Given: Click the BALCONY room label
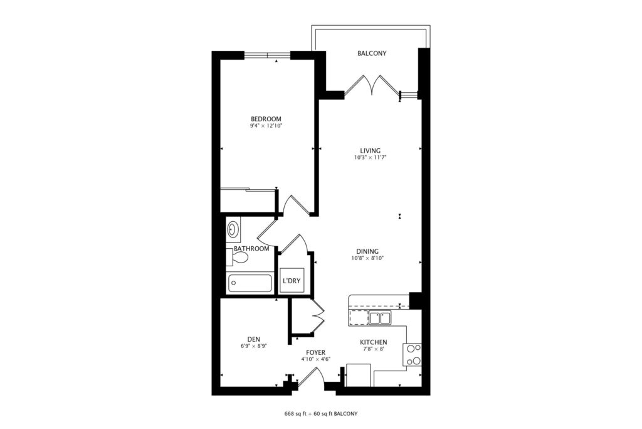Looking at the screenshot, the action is coord(372,53).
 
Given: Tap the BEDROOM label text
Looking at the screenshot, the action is coord(266,119).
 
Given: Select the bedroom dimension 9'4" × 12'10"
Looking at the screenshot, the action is coord(266,126).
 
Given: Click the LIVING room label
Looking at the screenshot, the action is coord(370,151).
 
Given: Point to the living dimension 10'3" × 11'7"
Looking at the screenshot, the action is coord(371,158).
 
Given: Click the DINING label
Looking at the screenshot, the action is coord(367,251).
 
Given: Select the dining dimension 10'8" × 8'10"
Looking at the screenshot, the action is coord(367,258).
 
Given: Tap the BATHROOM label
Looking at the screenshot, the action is coord(251,249).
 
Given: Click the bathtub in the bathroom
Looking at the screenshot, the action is coord(250,283).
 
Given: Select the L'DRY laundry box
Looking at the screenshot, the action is coord(292,281).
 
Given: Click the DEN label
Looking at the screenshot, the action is coord(253,339).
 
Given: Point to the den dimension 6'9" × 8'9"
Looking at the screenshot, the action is coord(254,346).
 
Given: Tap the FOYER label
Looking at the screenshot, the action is coord(316,353).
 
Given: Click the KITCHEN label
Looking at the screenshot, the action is coord(374,342).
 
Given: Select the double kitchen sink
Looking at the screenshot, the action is coord(380,318).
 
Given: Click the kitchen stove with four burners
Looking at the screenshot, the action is coord(413,355).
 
